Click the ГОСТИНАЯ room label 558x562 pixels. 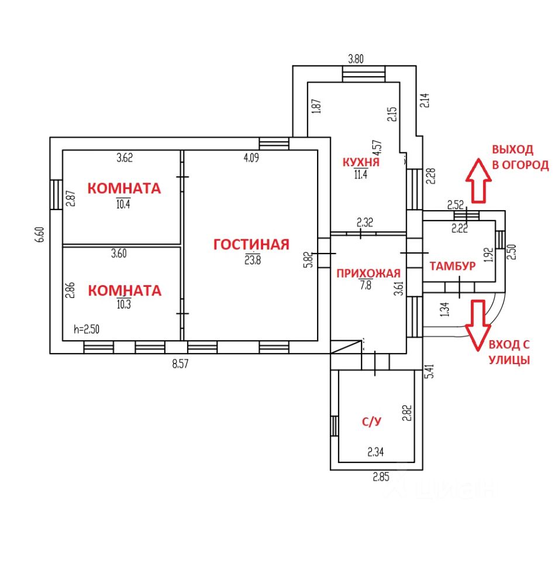tap(251, 245)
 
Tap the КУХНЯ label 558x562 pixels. tap(361, 162)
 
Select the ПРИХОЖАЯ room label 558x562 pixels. tap(368, 273)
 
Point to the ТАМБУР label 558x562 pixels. tap(453, 266)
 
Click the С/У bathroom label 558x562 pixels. tap(371, 421)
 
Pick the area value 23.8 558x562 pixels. tap(253, 259)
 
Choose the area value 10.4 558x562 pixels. tap(123, 204)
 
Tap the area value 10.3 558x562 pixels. tap(123, 304)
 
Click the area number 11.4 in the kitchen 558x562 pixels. tap(361, 174)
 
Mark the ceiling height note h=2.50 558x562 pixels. tap(87, 329)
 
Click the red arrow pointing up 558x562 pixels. tap(478, 181)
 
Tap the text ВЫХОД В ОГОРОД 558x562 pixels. tap(520, 157)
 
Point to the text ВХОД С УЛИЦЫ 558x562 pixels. tap(509, 352)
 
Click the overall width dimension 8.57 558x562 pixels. tap(180, 364)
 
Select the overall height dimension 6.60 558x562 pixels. tap(40, 234)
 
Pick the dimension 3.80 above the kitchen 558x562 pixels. tap(356, 59)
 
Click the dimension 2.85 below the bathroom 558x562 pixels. tap(381, 477)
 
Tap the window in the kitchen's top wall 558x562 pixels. tap(364, 74)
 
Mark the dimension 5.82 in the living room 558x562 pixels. tap(308, 259)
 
